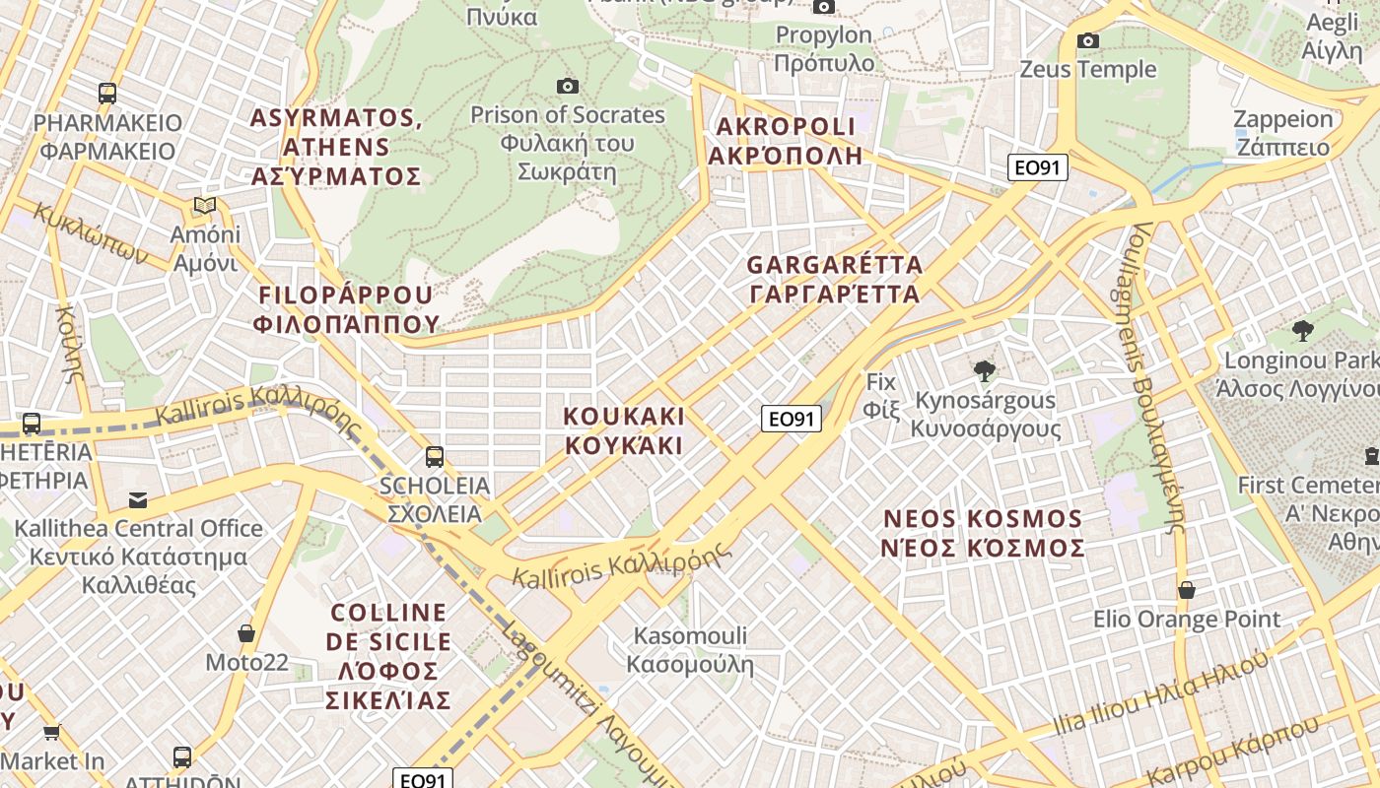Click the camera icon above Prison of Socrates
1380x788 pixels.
[567, 87]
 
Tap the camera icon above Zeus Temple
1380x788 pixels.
[1088, 40]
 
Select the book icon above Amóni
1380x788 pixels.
[205, 206]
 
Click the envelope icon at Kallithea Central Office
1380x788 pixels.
[138, 500]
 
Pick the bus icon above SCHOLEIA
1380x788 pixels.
[434, 457]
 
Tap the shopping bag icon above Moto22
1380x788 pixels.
[246, 633]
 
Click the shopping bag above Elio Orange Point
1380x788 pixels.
[1187, 590]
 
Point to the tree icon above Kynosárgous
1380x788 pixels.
[984, 371]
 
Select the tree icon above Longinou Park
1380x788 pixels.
[1303, 331]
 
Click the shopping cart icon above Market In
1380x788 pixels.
[52, 732]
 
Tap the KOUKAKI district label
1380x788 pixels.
[623, 430]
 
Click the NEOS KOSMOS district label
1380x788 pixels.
[984, 533]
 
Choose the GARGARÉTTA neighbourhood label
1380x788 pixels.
[834, 280]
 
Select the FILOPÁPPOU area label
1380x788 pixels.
[346, 309]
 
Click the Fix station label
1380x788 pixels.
[882, 394]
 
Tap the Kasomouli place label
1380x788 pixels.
[690, 650]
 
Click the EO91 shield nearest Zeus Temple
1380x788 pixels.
[1038, 167]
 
